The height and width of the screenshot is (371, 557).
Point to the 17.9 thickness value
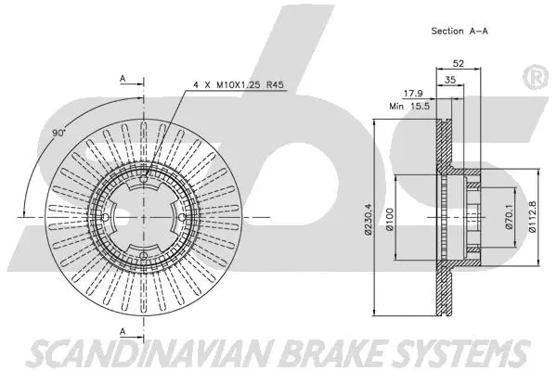click(413, 92)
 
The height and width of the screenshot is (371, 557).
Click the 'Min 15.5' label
click(408, 108)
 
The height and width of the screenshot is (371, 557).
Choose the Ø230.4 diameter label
click(369, 218)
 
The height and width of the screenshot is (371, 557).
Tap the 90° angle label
click(59, 134)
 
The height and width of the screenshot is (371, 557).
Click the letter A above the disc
click(123, 78)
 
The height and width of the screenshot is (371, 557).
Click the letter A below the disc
click(123, 330)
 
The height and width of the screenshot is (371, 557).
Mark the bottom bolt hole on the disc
click(146, 259)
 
